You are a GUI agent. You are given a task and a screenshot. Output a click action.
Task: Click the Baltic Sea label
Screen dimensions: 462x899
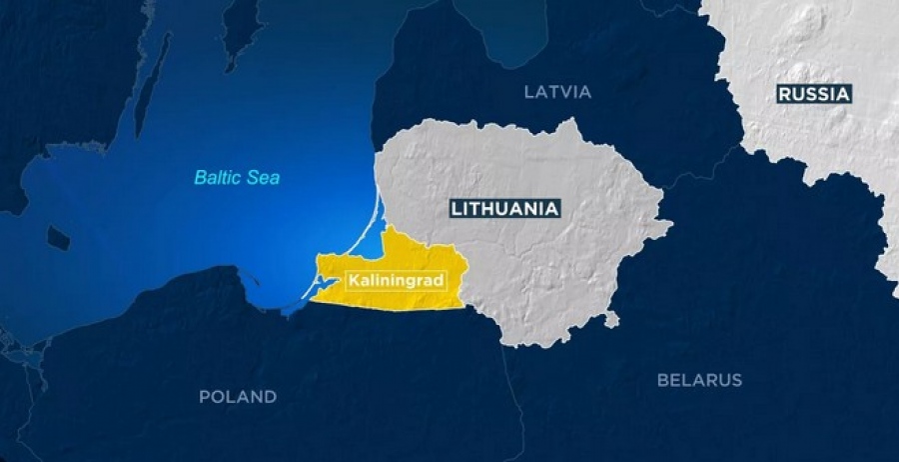(237, 178)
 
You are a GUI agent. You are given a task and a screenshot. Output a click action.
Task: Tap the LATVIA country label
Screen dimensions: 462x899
(557, 92)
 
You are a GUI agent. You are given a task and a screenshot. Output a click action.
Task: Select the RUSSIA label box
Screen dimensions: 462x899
(813, 94)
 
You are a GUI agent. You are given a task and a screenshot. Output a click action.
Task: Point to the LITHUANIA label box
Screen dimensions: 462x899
(504, 209)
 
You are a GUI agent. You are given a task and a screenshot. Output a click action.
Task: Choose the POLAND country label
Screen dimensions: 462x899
(238, 397)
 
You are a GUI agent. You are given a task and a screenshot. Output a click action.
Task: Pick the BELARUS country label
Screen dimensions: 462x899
(699, 380)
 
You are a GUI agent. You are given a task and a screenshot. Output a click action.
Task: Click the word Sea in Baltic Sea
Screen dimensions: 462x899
(266, 178)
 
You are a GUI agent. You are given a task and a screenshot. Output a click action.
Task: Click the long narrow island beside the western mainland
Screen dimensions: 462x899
(151, 90)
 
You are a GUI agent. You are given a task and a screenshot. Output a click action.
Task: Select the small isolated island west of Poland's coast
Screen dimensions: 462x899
(58, 238)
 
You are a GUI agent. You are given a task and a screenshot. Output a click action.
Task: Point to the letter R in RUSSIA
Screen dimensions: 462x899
(784, 94)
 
